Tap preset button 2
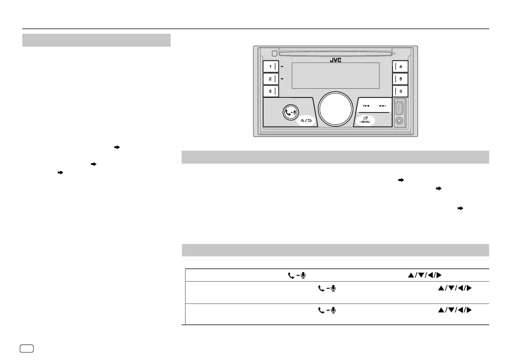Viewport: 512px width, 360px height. [270, 79]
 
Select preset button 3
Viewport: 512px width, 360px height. [270, 91]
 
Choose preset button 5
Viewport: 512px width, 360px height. [400, 79]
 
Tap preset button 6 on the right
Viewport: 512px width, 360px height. [400, 91]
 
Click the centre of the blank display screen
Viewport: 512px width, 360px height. [336, 76]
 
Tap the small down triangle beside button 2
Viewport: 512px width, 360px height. [282, 79]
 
